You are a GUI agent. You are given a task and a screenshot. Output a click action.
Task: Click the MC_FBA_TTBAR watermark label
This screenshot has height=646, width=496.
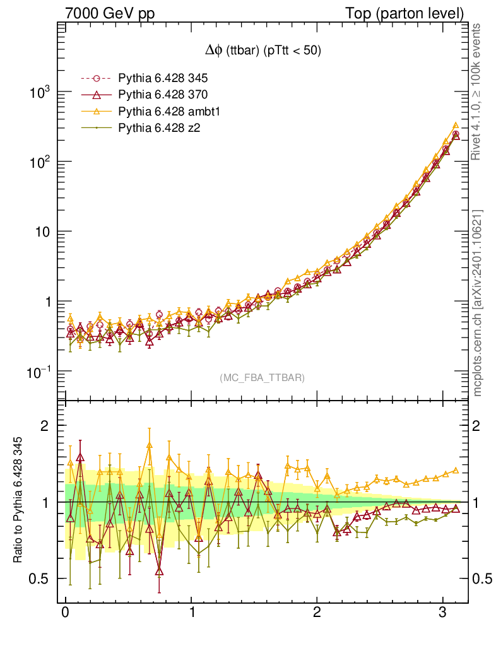pyautogui.click(x=262, y=378)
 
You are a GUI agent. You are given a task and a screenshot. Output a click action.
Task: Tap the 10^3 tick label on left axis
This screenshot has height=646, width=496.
pyautogui.click(x=39, y=93)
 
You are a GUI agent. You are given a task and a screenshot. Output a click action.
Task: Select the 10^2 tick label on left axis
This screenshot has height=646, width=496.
pyautogui.click(x=39, y=163)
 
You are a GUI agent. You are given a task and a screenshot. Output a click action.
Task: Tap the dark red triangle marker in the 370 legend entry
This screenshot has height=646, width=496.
pyautogui.click(x=97, y=95)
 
